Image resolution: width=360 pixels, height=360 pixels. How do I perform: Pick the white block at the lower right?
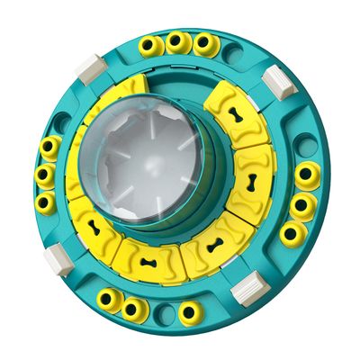tap(245, 290)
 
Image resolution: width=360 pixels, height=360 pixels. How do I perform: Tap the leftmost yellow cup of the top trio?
tap(149, 44)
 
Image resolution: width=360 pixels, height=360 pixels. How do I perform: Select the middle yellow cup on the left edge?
tap(43, 175)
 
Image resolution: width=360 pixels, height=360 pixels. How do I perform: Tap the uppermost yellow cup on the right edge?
tap(307, 174)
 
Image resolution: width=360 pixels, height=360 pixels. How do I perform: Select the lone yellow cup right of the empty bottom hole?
tap(190, 312)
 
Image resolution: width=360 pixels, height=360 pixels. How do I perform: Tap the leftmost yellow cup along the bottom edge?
tap(109, 300)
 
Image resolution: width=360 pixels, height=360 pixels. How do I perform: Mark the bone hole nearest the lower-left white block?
tap(96, 226)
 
